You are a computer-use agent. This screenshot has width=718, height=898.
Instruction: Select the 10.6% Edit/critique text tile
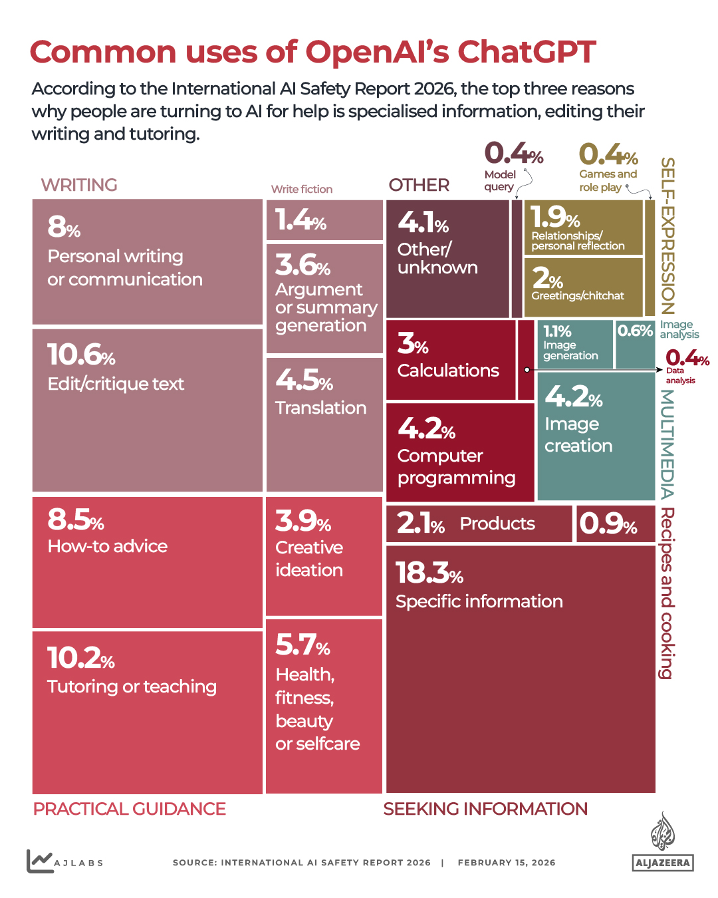(147, 410)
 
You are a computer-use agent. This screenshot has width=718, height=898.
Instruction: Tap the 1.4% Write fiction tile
(324, 220)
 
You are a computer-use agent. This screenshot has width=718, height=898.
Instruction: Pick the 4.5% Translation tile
(324, 424)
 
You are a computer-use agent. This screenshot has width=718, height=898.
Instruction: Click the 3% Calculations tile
(450, 360)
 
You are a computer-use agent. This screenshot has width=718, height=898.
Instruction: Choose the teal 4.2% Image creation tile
(596, 436)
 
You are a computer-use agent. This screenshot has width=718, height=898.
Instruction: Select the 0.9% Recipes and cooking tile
(615, 524)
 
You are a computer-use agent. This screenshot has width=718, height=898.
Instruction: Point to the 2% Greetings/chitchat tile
(583, 287)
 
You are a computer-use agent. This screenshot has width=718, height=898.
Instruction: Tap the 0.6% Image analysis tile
(635, 344)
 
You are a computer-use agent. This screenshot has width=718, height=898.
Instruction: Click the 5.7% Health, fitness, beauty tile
(324, 706)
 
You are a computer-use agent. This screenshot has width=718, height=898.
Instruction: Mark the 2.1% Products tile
(479, 524)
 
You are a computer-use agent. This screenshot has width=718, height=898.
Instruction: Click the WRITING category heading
(79, 185)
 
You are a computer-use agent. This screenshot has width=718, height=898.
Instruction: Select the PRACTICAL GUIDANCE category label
(130, 809)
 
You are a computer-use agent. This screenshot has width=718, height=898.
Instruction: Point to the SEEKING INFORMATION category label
(485, 809)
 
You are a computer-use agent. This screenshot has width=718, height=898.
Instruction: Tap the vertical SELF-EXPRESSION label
(667, 236)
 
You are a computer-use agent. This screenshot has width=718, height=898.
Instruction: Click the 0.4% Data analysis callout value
(687, 358)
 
